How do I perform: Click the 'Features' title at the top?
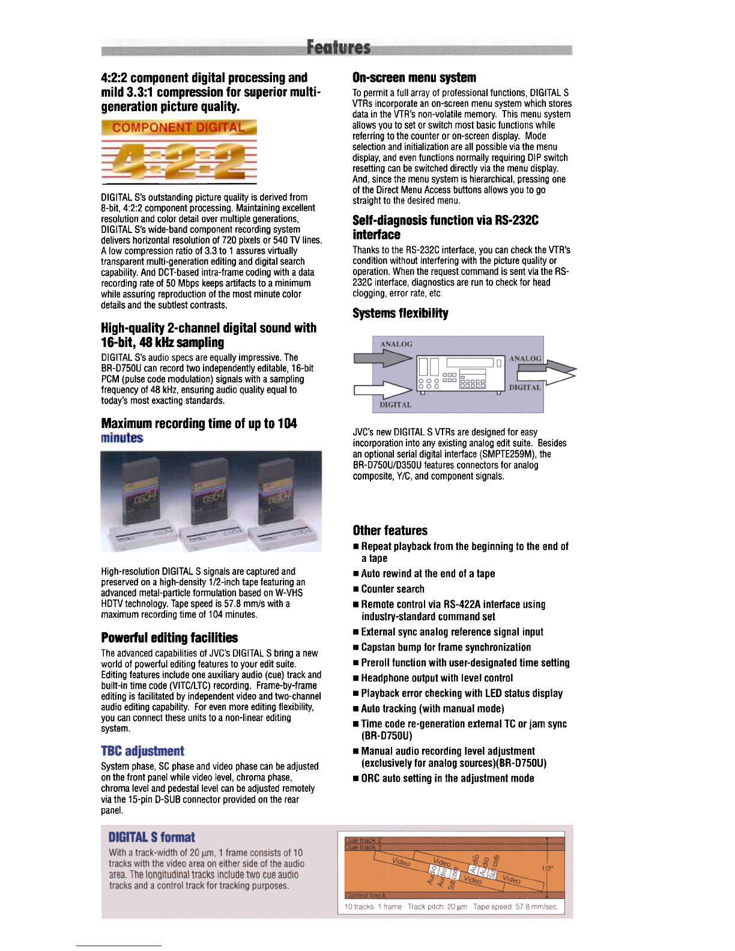pos(338,47)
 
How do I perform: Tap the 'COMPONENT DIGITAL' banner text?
pos(178,127)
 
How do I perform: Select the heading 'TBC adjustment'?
pos(142,751)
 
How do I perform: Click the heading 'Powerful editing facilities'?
pos(169,638)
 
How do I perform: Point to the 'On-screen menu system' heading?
pos(414,77)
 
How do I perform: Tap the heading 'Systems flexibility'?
pos(400,313)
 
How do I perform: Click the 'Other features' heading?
pos(390,530)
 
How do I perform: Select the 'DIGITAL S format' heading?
pos(151,837)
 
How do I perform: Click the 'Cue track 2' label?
pos(363,841)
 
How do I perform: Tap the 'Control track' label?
pos(365,895)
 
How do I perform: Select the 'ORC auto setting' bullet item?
pos(443,779)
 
